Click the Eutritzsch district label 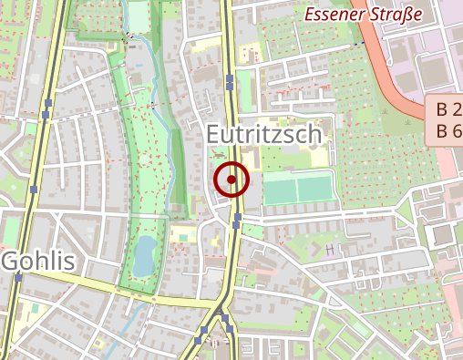pos(264,135)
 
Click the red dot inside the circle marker pos(231,180)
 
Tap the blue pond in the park pos(143,255)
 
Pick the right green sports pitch pos(314,189)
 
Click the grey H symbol pos(329,248)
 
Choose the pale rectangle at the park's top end pos(139,15)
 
